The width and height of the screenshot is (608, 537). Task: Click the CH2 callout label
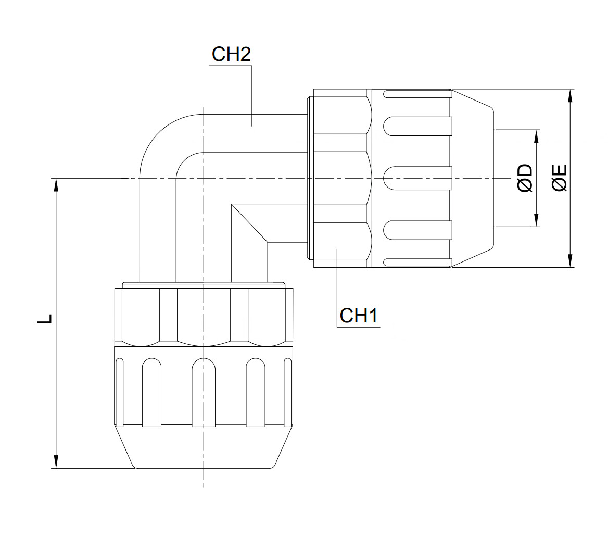tap(231, 55)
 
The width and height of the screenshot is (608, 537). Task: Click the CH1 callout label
tap(358, 316)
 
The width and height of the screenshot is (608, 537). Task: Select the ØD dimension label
tap(525, 178)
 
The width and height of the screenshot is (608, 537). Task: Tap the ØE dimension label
tap(560, 178)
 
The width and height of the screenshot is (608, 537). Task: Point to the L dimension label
tap(45, 319)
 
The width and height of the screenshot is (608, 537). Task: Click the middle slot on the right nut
tap(416, 178)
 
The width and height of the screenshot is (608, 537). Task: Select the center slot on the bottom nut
tap(203, 392)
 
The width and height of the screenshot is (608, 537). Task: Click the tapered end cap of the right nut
tap(471, 178)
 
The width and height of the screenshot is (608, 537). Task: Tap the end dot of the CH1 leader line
tap(337, 251)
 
